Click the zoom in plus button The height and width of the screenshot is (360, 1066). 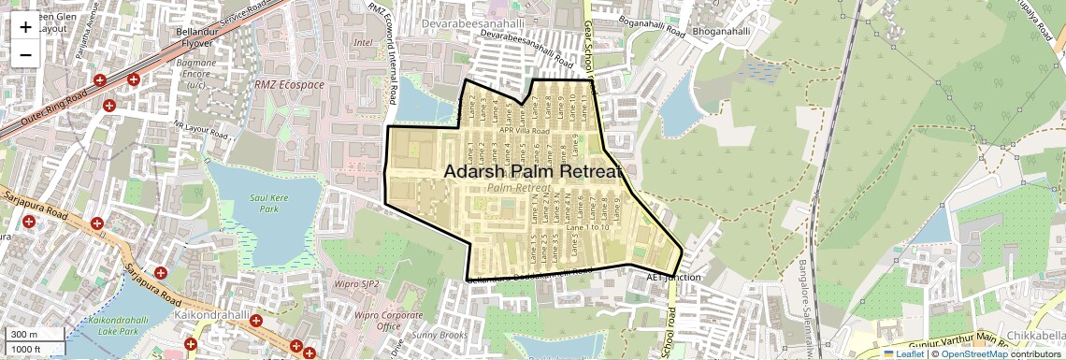click(25, 26)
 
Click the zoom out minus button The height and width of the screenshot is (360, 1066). click(25, 54)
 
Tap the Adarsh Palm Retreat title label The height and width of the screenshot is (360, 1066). click(532, 172)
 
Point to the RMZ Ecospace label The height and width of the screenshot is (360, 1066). click(290, 85)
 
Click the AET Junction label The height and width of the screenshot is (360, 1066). click(673, 279)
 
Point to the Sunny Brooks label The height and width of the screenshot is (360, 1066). click(439, 335)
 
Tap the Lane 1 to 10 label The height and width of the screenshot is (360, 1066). click(588, 227)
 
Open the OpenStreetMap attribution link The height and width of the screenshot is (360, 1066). click(973, 353)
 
